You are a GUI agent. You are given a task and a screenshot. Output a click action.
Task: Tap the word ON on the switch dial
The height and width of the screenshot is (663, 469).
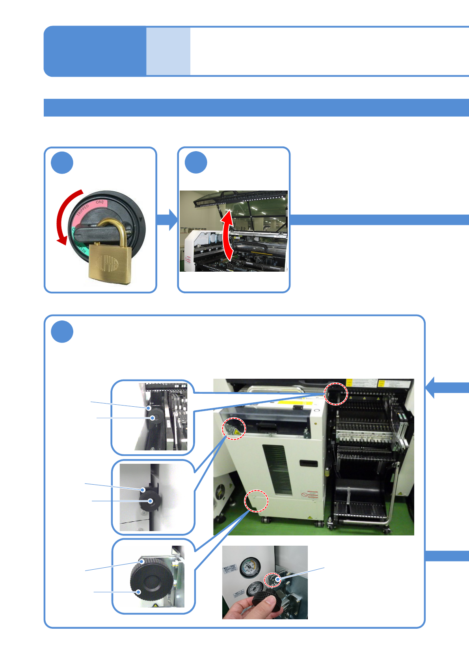99,202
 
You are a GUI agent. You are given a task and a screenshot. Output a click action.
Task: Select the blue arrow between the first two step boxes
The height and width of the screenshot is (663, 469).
167,220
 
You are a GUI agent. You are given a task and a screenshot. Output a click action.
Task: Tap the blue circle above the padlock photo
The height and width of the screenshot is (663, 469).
62,163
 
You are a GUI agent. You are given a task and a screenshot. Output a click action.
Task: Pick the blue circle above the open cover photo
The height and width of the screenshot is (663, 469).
196,163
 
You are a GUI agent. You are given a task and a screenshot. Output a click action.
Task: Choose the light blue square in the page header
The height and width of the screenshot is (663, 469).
168,51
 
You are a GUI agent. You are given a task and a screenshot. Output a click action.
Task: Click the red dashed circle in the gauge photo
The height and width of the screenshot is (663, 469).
272,580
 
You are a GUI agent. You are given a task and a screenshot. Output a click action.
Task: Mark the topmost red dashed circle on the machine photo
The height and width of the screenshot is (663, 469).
336,394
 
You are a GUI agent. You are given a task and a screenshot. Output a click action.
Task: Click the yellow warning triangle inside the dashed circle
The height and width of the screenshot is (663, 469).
236,432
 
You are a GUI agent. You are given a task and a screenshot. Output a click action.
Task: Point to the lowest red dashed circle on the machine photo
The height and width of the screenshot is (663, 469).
257,501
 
